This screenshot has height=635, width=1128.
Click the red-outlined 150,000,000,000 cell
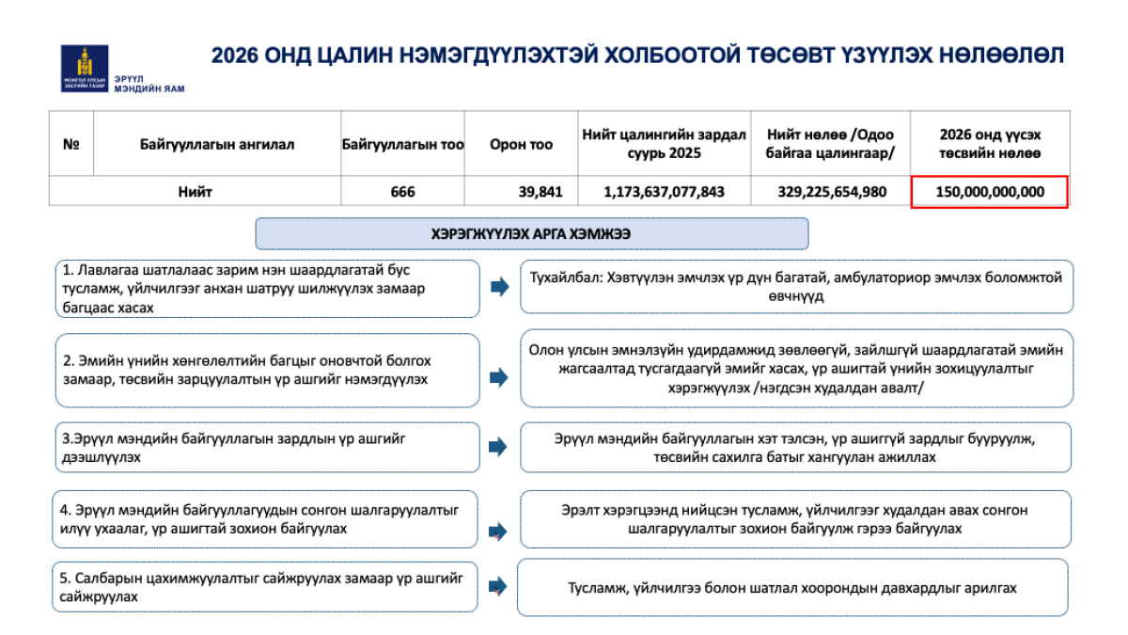pos(990,192)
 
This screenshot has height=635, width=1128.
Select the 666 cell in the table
pos(402,192)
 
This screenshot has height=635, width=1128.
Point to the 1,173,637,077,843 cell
pos(664,192)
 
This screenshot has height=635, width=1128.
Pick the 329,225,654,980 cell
pos(832,192)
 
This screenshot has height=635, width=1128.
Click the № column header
pos(70,145)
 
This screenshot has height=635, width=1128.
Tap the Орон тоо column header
pos(521,145)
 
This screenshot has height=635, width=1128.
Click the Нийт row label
pos(195,192)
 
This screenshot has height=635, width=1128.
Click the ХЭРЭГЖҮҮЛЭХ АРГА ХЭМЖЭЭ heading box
pos(531,233)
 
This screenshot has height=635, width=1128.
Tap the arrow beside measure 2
pos(498,377)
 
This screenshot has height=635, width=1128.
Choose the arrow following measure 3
pos(498,447)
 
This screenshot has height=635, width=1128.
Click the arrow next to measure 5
pos(498,587)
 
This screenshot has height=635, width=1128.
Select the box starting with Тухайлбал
pos(796,286)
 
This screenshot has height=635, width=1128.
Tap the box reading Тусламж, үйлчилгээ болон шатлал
pos(791,587)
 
